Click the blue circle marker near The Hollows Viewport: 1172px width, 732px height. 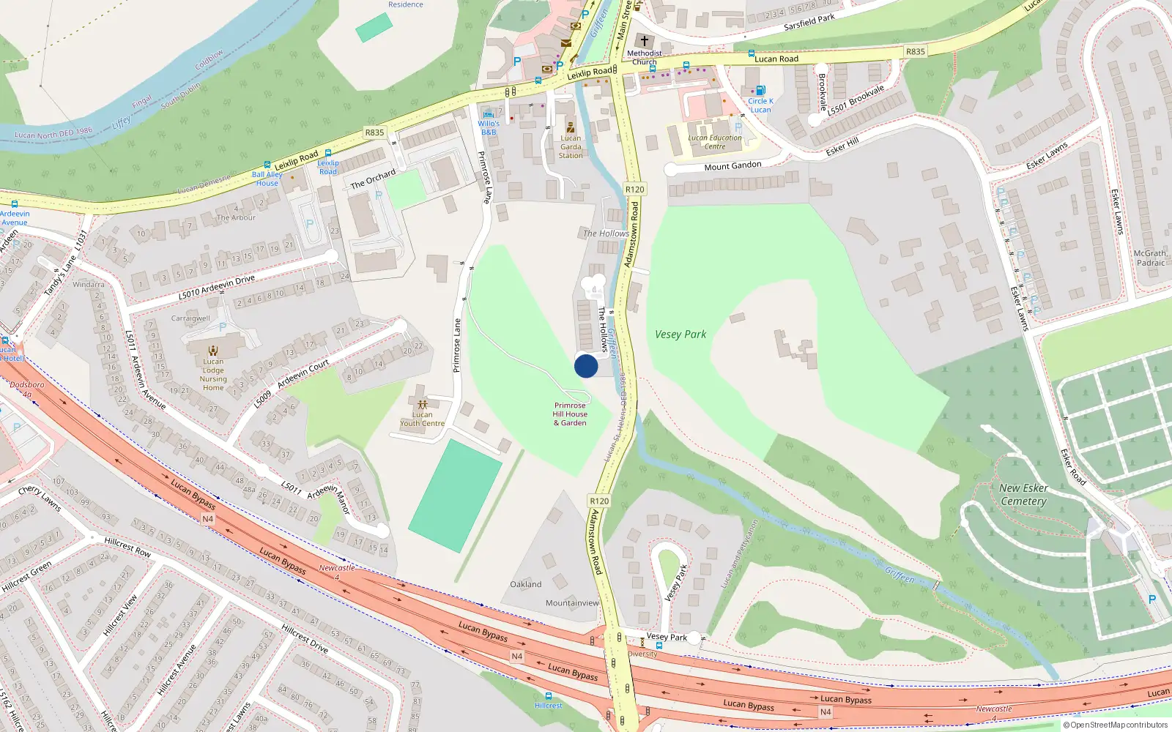(x=586, y=366)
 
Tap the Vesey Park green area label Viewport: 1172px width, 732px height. (x=680, y=335)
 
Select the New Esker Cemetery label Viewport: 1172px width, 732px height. (x=1023, y=495)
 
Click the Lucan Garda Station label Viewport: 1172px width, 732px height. (x=571, y=146)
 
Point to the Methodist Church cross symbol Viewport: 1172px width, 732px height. (x=645, y=41)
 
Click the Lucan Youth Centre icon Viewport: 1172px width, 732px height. (x=422, y=404)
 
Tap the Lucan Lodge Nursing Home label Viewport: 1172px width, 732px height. (x=213, y=374)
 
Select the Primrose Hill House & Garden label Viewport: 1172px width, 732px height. (x=571, y=414)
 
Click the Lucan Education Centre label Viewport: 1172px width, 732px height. (x=715, y=142)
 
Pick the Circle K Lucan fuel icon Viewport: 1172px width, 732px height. (x=760, y=91)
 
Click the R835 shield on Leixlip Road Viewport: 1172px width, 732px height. (x=374, y=132)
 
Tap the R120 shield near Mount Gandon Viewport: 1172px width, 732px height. (x=634, y=190)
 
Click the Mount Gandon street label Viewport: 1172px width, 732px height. (x=732, y=166)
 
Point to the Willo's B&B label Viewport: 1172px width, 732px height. (x=489, y=128)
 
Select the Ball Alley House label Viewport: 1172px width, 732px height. (x=267, y=179)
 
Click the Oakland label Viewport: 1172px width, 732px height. (x=526, y=584)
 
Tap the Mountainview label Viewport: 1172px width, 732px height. (x=572, y=603)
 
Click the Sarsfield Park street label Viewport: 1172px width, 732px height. (x=809, y=22)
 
